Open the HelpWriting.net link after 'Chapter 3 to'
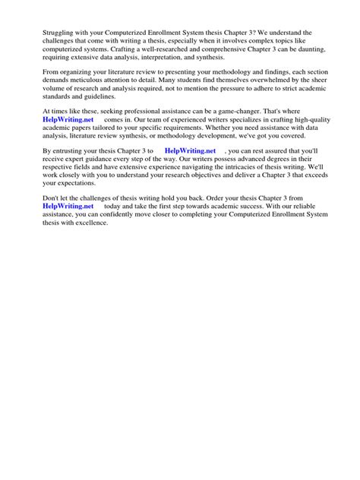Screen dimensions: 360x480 (x=190, y=152)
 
